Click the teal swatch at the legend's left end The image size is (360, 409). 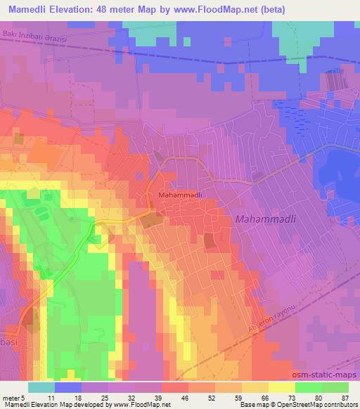tap(41, 387)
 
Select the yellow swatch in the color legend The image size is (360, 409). tap(281, 387)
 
